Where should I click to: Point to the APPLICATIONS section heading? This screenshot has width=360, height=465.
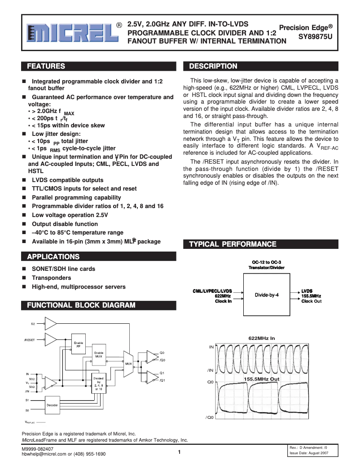(53, 257)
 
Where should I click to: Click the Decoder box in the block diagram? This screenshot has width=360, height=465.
(52, 405)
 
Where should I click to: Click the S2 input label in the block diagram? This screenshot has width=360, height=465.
(33, 323)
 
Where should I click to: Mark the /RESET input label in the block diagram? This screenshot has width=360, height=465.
(30, 339)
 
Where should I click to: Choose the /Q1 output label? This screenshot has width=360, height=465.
(162, 380)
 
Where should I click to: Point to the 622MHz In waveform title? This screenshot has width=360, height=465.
(261, 338)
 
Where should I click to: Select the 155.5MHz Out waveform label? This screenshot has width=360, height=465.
(262, 379)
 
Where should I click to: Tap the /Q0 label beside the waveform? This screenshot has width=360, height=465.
(209, 417)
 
